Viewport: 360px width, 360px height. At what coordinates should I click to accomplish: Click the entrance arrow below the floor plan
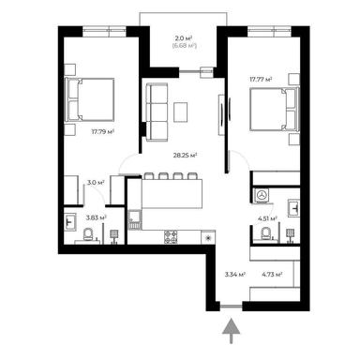[232, 329]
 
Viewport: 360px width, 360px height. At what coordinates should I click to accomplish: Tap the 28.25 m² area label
[184, 157]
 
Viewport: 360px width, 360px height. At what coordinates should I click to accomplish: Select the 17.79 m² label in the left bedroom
[103, 133]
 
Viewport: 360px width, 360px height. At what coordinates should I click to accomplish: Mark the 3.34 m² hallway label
[235, 275]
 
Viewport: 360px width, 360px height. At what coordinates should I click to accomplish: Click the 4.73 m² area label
[273, 275]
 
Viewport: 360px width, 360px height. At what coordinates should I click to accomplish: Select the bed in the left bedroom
[90, 97]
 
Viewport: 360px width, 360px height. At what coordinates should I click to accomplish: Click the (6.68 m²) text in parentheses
[185, 45]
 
